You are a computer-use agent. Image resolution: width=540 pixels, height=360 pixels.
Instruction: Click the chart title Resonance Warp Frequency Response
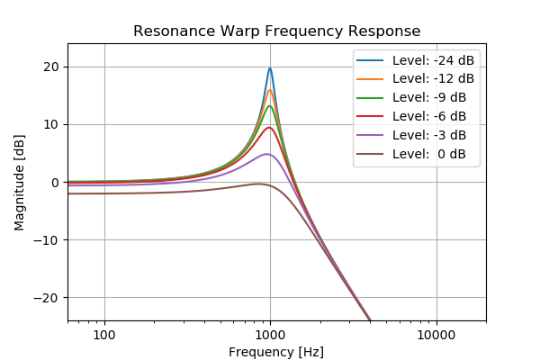[276, 31]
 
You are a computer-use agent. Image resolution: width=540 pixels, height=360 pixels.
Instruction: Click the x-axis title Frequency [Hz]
[276, 352]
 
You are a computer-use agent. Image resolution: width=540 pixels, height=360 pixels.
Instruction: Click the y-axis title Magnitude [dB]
[20, 182]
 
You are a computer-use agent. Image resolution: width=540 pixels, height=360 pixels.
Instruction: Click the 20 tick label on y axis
[51, 67]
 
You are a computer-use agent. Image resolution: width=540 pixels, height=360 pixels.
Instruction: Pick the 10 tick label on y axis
[51, 124]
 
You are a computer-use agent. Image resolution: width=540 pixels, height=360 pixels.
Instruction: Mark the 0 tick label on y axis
[55, 183]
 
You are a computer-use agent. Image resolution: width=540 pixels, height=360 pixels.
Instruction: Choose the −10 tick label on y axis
[48, 240]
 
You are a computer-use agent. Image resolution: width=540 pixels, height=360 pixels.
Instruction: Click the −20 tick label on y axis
[48, 298]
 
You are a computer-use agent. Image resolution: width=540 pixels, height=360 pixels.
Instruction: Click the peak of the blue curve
[270, 68]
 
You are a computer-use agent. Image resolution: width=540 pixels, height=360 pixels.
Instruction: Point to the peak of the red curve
[269, 127]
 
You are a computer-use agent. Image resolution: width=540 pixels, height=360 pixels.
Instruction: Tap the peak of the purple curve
[267, 154]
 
